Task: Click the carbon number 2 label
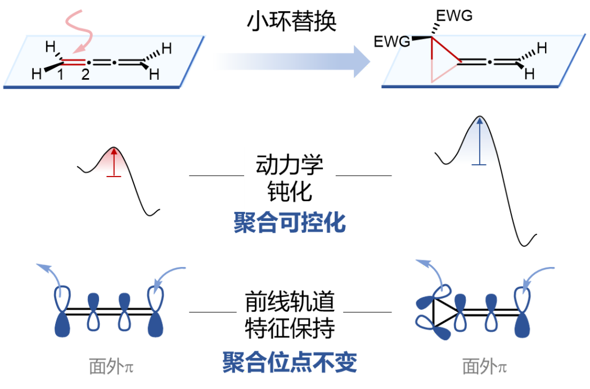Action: pos(85,75)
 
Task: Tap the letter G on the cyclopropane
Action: pos(404,41)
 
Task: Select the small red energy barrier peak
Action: pos(113,162)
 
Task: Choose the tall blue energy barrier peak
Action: pos(479,143)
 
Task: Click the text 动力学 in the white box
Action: pos(290,165)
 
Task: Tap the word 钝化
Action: pos(290,193)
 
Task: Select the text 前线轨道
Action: pos(290,302)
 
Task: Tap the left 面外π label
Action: pos(111,367)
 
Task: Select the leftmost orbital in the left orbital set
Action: pos(62,312)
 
